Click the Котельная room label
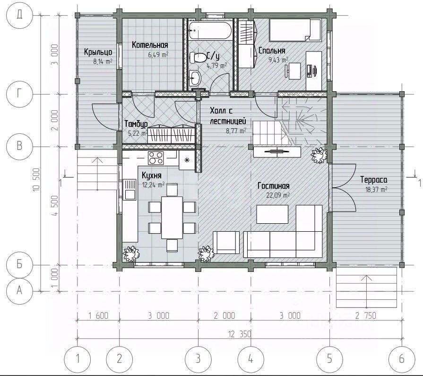[150, 45]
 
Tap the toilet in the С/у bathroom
[198, 58]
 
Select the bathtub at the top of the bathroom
[210, 30]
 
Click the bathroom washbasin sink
[195, 77]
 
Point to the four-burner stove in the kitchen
[155, 158]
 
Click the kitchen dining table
[172, 218]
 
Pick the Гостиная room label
[274, 186]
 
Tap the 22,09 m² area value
[278, 195]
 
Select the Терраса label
[374, 180]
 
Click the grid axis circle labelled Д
[19, 15]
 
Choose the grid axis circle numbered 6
[402, 359]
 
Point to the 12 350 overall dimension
[240, 334]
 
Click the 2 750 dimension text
[365, 315]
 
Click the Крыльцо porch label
[98, 52]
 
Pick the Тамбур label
[136, 124]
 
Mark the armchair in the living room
[226, 242]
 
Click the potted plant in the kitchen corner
[131, 254]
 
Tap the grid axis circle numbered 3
[199, 359]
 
